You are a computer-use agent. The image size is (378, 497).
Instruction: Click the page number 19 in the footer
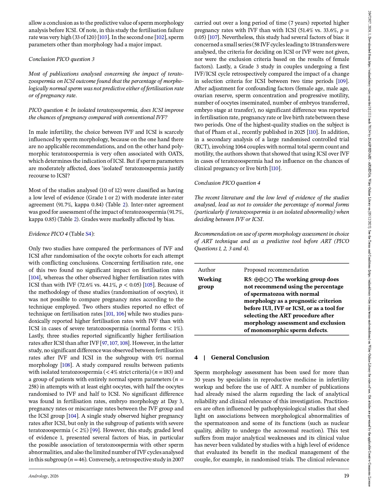(346, 476)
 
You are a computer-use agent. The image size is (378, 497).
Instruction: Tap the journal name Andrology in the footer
(39, 476)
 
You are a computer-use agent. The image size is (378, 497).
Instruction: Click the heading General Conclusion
(240, 357)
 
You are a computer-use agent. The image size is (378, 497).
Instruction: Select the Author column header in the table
(207, 270)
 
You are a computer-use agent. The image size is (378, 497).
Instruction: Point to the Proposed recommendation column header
(276, 270)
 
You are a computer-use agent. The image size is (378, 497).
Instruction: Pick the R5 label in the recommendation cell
(247, 279)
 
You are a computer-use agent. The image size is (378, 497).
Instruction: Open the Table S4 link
(88, 234)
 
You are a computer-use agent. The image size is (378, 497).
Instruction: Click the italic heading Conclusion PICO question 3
(62, 59)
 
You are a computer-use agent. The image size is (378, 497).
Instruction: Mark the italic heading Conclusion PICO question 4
(227, 183)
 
